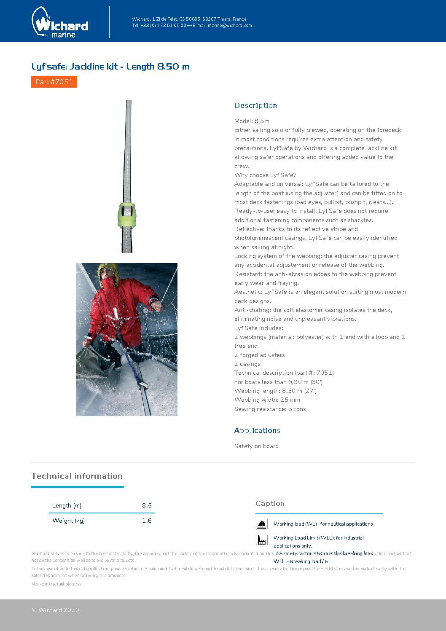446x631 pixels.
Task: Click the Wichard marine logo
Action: tap(60, 23)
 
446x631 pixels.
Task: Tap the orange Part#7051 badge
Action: tap(54, 82)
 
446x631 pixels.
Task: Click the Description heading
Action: tap(255, 105)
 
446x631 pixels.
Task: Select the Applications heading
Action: tap(257, 430)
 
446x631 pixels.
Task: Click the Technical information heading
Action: tap(77, 476)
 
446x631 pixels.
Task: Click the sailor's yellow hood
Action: tap(107, 270)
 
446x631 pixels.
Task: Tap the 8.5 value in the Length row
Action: tap(147, 505)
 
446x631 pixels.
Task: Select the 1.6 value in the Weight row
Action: tap(147, 521)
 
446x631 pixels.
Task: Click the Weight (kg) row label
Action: tap(68, 521)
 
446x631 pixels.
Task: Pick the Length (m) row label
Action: tap(67, 505)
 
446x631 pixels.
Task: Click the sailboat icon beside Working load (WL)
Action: tap(262, 524)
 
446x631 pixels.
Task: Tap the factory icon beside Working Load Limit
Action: tap(262, 540)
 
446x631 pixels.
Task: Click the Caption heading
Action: tap(270, 503)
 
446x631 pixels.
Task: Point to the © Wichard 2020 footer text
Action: tap(55, 610)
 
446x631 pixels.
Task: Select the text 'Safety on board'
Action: tap(256, 446)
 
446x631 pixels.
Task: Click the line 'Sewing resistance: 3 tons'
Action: tap(270, 409)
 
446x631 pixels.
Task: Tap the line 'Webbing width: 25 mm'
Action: tap(267, 400)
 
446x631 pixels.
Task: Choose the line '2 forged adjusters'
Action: tap(259, 355)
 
